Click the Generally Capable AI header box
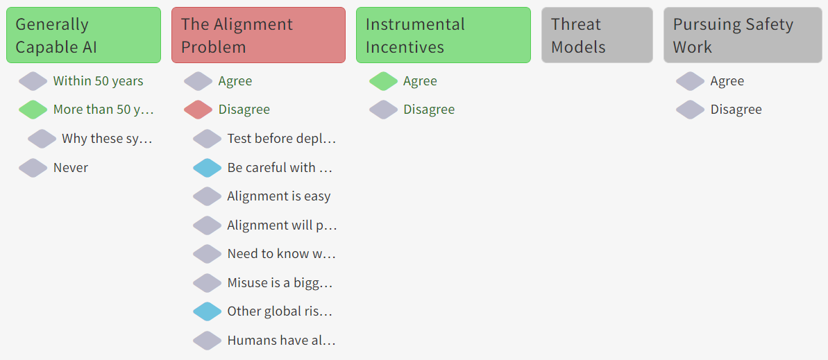(x=83, y=35)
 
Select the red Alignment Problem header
(x=258, y=35)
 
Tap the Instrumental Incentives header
(x=443, y=35)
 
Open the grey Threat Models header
(x=597, y=35)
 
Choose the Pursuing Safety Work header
(x=743, y=35)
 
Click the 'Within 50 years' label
(x=99, y=81)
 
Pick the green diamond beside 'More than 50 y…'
(x=33, y=110)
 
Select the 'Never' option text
(x=71, y=168)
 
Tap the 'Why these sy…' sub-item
(x=107, y=139)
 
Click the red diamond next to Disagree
(x=198, y=110)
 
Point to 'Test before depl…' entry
(x=282, y=139)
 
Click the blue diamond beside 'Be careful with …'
(x=207, y=168)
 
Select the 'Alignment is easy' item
(x=279, y=196)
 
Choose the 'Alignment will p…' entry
(x=282, y=225)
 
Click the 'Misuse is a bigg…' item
(x=280, y=283)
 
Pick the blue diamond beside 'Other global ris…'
(x=207, y=311)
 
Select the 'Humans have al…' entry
(x=282, y=341)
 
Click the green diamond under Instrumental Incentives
(x=383, y=81)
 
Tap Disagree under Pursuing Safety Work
(x=736, y=110)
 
